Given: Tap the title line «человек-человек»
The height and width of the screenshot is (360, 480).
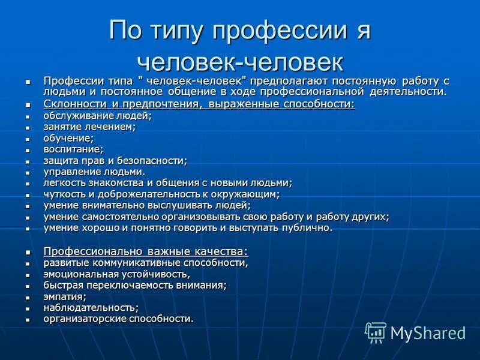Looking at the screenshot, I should click(240, 61).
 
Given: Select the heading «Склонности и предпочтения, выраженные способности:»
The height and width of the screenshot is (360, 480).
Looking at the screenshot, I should click(199, 104).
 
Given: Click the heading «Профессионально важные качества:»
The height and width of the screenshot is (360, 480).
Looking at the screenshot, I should click(146, 251).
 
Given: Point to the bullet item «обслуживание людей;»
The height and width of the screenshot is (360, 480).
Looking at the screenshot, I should click(97, 116).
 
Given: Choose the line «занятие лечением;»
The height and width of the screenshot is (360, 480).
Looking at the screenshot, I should click(89, 127).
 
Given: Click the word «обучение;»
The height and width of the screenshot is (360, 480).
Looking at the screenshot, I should click(68, 138).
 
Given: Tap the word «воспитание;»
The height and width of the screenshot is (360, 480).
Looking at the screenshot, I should click(73, 149).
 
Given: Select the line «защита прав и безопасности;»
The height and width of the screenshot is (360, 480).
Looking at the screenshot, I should click(115, 160).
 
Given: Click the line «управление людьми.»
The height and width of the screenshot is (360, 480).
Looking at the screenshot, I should click(94, 172).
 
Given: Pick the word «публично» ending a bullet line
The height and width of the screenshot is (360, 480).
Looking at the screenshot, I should click(309, 228).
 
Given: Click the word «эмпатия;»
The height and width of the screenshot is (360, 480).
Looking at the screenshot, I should click(65, 296).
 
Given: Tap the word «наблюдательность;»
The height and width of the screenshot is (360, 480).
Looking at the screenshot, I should click(91, 307).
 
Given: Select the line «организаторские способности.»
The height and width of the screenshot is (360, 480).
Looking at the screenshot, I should click(118, 319).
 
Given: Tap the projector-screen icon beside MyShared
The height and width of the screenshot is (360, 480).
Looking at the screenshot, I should click(376, 332).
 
